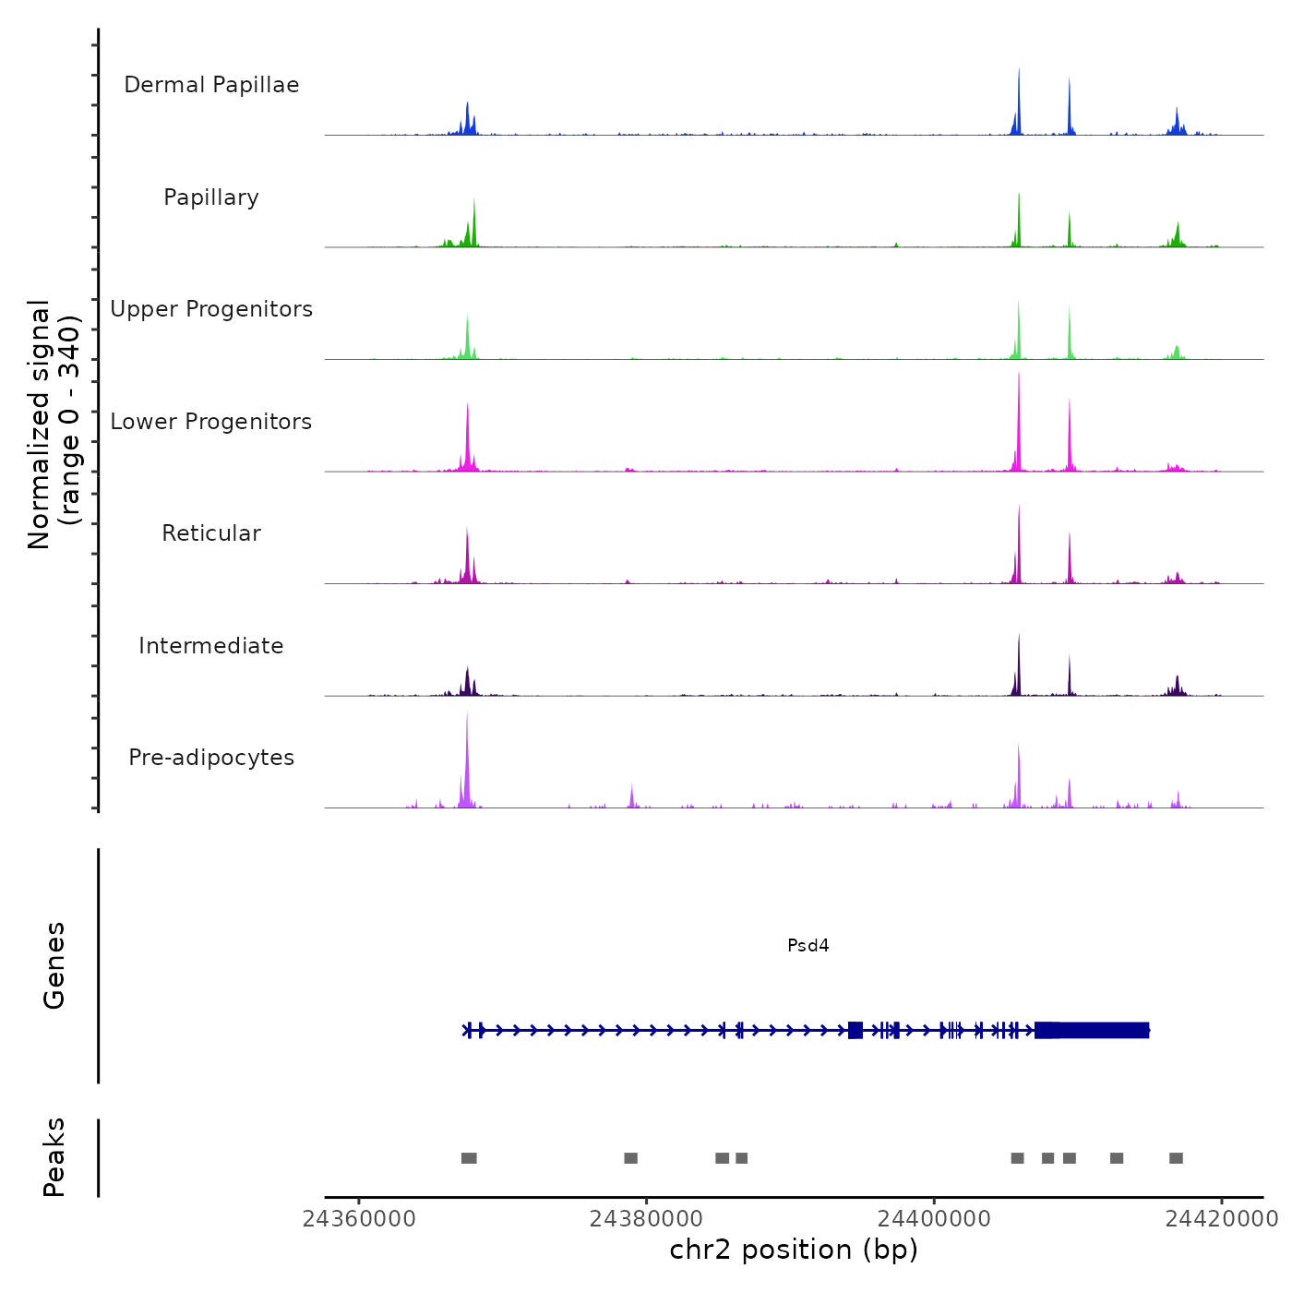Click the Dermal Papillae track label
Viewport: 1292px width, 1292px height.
(211, 85)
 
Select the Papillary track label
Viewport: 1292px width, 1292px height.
(211, 197)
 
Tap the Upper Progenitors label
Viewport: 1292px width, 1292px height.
(211, 309)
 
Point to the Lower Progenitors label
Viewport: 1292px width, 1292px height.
(211, 422)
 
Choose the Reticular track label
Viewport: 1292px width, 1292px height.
(211, 533)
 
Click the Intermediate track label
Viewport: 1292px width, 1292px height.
(211, 646)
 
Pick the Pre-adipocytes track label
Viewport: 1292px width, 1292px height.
(211, 758)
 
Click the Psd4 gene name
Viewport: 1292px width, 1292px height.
(808, 945)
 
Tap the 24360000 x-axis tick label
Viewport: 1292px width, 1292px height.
(359, 1219)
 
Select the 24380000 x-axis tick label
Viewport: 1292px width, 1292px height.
(647, 1219)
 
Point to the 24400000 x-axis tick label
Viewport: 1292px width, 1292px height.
(934, 1219)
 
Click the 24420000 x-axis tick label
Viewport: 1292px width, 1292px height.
(1222, 1219)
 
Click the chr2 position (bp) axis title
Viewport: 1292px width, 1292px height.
(794, 1250)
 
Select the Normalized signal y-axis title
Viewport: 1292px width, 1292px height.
(54, 425)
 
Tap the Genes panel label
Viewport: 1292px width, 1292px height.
(54, 965)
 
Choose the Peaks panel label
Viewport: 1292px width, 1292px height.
(54, 1157)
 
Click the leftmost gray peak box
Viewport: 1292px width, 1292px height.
(469, 1158)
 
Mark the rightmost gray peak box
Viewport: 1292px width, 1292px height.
(1176, 1158)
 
